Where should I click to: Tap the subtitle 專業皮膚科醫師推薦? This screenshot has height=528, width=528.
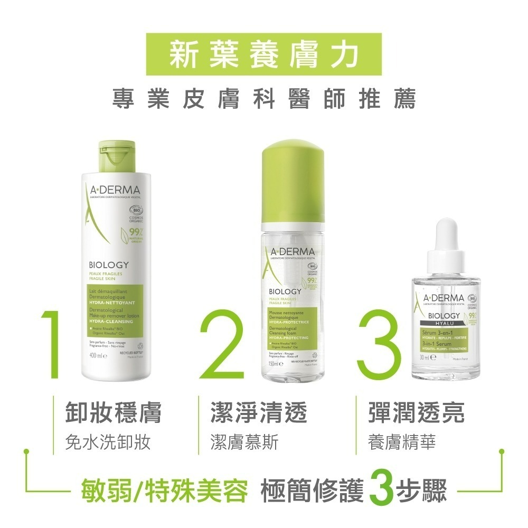click(263, 99)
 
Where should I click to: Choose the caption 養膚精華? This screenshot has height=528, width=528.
click(402, 441)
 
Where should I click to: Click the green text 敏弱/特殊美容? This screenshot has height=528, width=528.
click(164, 491)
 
